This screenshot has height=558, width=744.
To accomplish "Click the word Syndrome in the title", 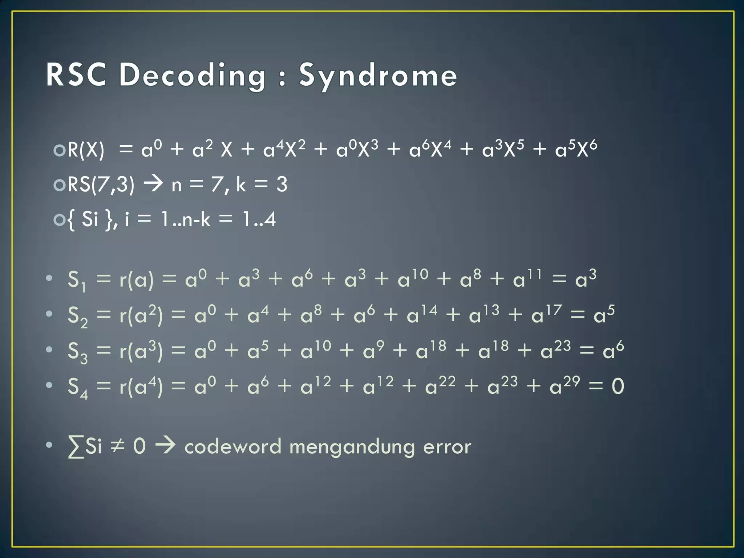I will [378, 76].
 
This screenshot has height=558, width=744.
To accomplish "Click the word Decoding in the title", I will [193, 76].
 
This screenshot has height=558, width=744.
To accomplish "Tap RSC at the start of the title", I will [76, 75].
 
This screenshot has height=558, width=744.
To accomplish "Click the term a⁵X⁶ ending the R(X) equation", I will [576, 149].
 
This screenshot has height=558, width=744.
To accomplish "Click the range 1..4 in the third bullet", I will [259, 219].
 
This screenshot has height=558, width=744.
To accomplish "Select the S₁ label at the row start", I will [77, 281].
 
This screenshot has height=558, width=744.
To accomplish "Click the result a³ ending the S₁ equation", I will [586, 279].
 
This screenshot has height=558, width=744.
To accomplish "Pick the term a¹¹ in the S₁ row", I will [527, 279].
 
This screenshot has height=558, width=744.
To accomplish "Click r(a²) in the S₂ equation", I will [141, 315].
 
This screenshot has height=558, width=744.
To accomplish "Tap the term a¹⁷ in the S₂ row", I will [546, 314].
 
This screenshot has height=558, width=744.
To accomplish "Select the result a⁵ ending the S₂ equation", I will [604, 314].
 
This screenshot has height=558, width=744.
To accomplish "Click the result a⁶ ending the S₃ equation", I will [613, 350].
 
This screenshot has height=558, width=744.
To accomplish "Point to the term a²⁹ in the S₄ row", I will [565, 385].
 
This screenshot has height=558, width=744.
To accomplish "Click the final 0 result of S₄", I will [618, 386].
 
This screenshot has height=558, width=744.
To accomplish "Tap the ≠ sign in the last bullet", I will [117, 446].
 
